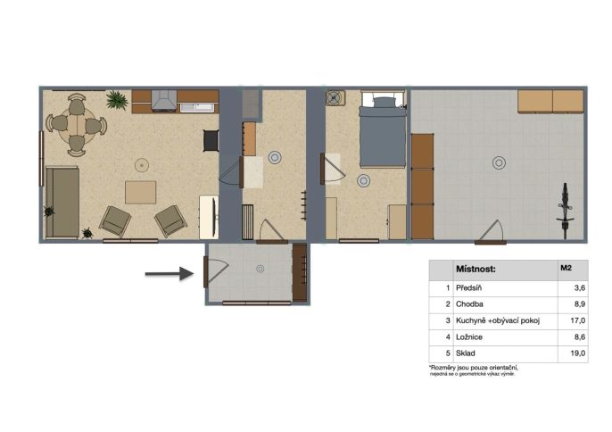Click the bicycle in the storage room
point(566,211)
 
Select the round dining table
point(77,125)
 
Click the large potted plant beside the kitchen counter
point(117,100)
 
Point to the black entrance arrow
point(170,273)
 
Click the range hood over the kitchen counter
point(164,101)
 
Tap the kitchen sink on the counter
point(197,108)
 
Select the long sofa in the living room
point(62,203)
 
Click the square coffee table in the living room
point(141,192)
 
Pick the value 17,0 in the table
point(578,320)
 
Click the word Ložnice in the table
point(469,337)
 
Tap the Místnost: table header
point(476,270)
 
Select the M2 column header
point(566,268)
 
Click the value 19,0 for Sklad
point(578,353)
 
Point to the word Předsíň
point(468,288)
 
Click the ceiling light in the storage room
point(499,162)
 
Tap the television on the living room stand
point(214,217)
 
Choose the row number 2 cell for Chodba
point(448,304)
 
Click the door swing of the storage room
point(491,231)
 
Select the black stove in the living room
point(211,141)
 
